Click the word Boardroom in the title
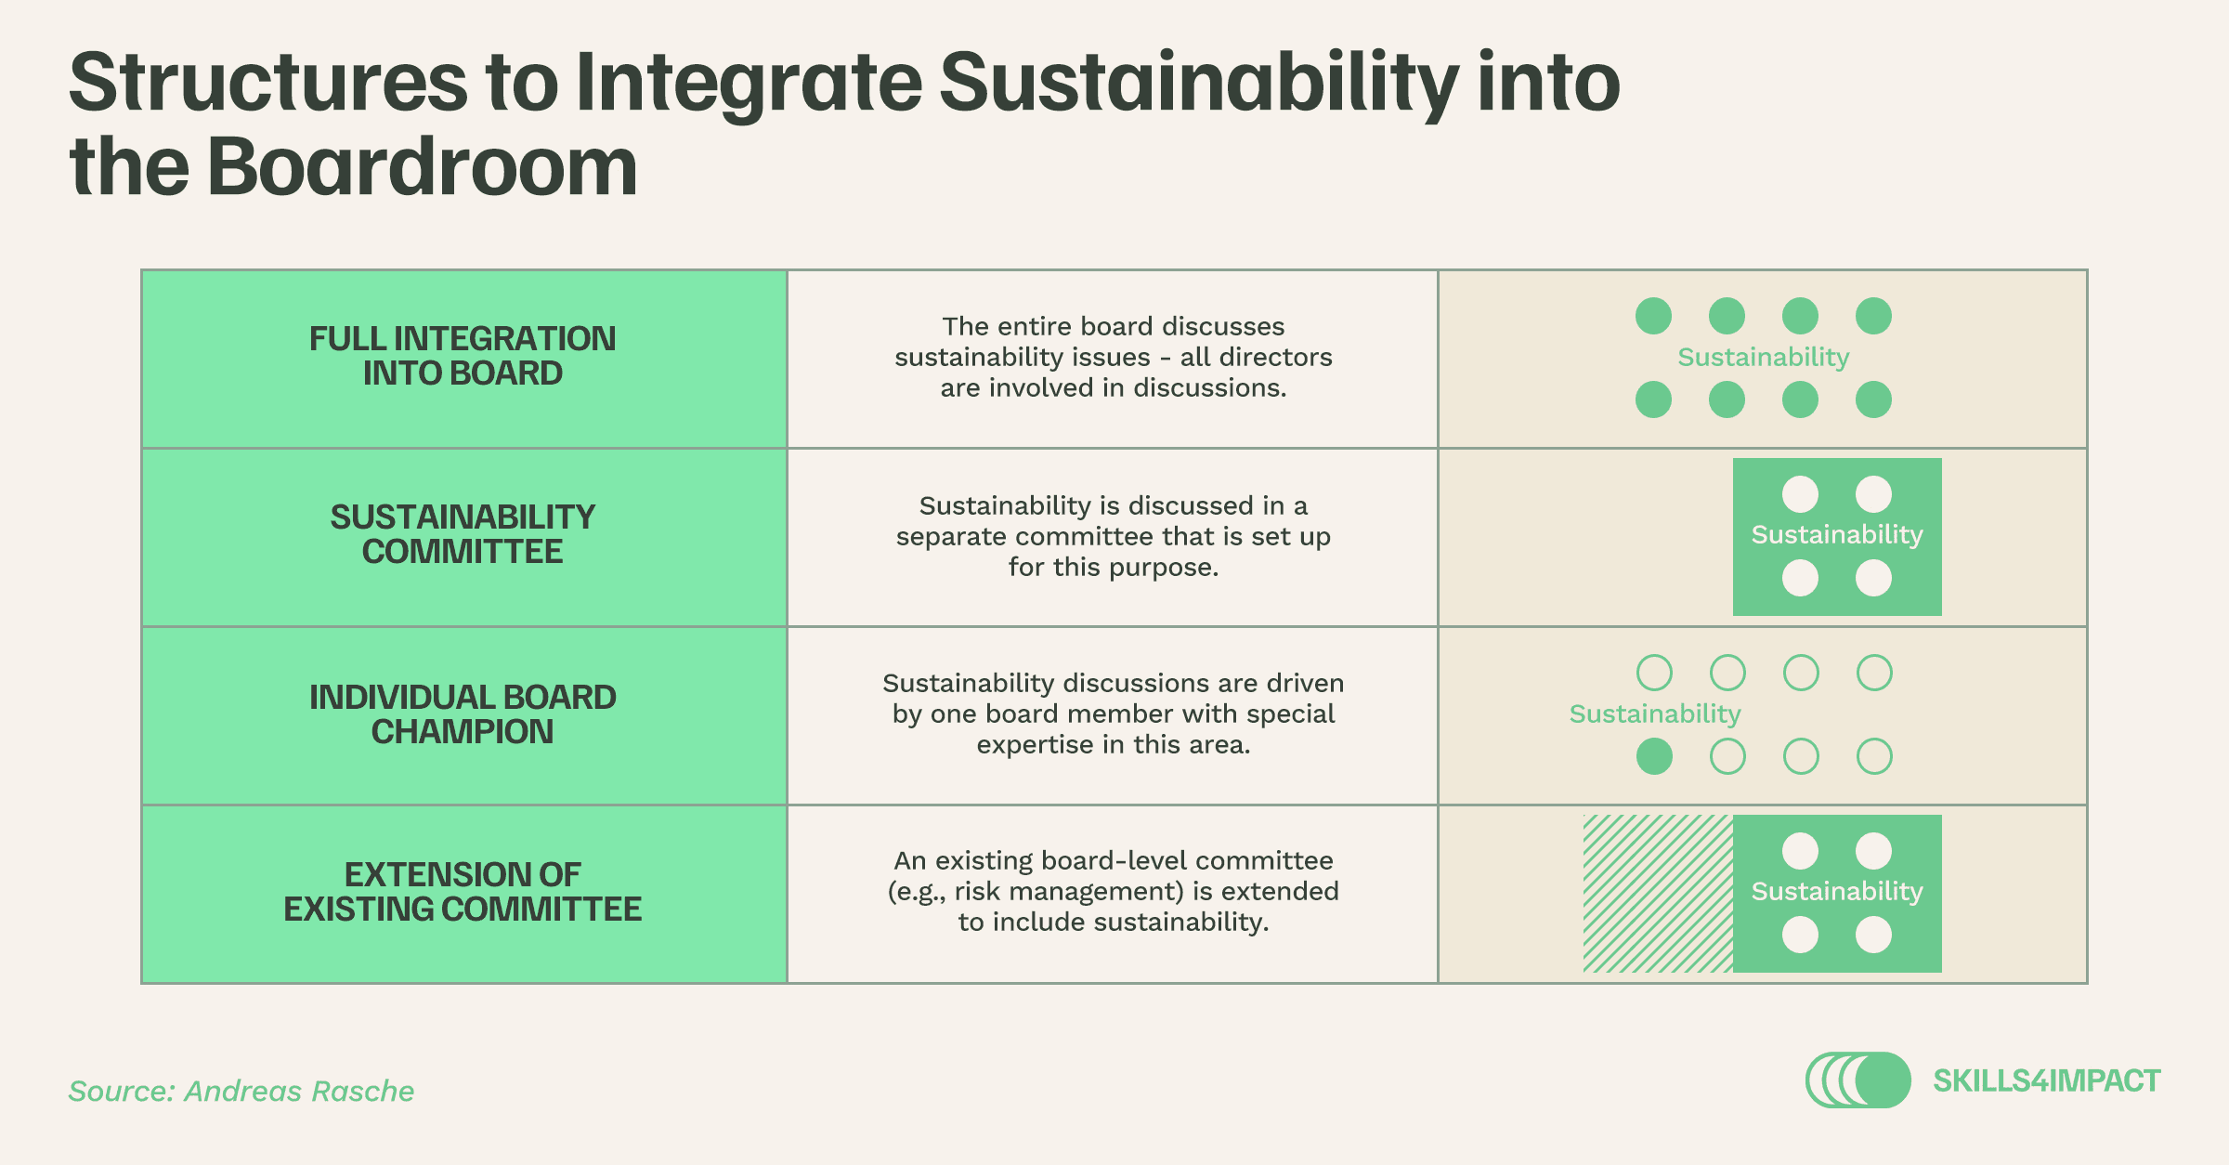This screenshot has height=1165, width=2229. (x=423, y=167)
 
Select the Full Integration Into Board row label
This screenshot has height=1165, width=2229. (x=463, y=356)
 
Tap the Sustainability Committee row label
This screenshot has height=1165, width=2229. (x=463, y=534)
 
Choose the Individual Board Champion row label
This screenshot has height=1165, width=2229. (x=463, y=714)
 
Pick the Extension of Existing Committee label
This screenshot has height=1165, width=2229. (x=463, y=892)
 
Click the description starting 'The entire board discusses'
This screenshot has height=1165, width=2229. (x=1114, y=357)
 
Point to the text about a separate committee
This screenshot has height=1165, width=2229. (x=1114, y=536)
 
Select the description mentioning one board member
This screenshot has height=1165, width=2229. (x=1114, y=713)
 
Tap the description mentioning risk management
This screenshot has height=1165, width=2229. (x=1114, y=891)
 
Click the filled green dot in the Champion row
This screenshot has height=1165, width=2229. (x=1654, y=756)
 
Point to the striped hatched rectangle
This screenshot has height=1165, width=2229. (x=1658, y=894)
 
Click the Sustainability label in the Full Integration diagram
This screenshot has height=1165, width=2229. (x=1764, y=358)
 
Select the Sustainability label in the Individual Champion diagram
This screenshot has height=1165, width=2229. (x=1655, y=714)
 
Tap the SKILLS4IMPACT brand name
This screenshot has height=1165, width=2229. (x=2047, y=1080)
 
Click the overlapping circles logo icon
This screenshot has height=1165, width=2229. (x=1858, y=1080)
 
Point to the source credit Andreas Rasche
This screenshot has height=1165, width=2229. (x=241, y=1091)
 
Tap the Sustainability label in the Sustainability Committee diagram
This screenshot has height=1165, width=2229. (x=1837, y=535)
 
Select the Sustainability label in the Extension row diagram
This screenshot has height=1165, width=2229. (x=1837, y=892)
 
